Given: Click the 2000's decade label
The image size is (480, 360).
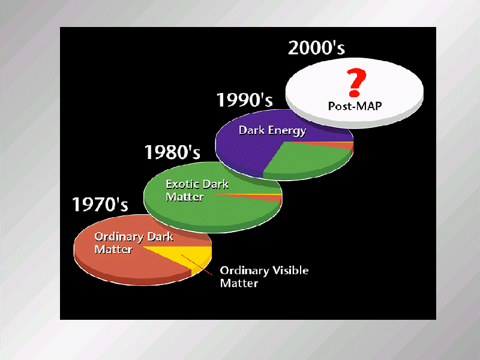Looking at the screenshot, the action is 317,48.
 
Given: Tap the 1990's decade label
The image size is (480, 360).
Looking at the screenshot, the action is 244,100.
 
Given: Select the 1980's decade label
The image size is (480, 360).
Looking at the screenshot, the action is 172,152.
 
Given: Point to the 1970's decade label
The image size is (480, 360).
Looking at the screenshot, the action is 100,204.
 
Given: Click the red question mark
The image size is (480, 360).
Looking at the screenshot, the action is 356,82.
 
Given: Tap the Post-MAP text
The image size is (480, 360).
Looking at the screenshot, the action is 355,106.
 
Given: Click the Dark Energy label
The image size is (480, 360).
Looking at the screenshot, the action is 272,130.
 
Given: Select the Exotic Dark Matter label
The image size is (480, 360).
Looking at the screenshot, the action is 197,190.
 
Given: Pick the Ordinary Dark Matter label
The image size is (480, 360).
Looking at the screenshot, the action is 133,243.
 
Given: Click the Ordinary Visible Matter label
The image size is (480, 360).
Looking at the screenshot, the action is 264,277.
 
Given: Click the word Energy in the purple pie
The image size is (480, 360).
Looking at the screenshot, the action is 287,131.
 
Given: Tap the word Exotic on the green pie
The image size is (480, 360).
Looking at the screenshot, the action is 182,184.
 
